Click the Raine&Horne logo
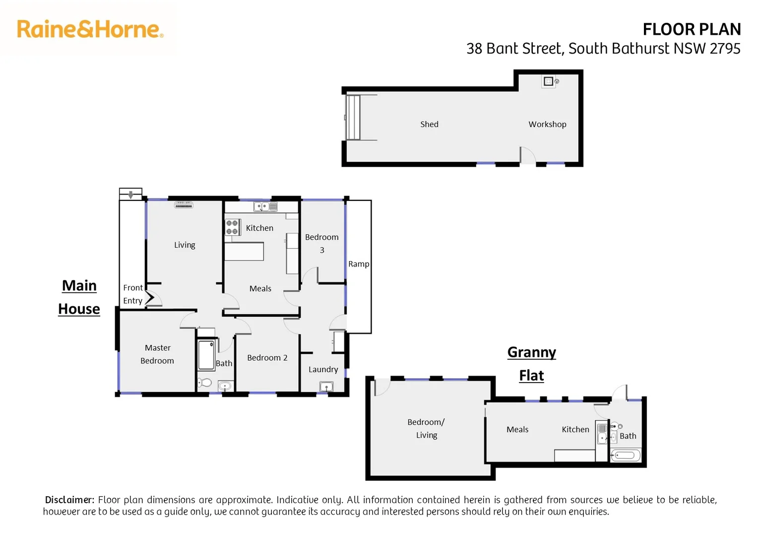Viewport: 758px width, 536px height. [x=90, y=29]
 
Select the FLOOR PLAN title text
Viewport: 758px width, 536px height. [x=691, y=29]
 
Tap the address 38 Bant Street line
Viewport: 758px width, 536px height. [x=603, y=49]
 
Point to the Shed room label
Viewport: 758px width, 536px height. [x=429, y=124]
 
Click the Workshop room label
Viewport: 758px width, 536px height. [x=547, y=124]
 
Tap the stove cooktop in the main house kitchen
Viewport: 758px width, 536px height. [x=232, y=227]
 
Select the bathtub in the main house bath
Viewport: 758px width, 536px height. [x=206, y=354]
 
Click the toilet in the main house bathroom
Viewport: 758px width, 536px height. [x=204, y=383]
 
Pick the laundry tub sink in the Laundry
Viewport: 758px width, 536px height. [x=326, y=387]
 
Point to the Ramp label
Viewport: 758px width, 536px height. [x=358, y=264]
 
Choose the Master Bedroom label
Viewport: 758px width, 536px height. [x=157, y=354]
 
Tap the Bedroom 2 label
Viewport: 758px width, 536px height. [x=267, y=358]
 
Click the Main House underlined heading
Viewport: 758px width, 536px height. [x=79, y=297]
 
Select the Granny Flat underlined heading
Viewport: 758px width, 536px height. [x=531, y=363]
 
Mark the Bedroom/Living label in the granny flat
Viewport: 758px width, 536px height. [x=426, y=428]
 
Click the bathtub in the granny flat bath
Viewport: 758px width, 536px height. [x=625, y=455]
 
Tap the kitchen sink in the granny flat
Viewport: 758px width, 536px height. [x=602, y=433]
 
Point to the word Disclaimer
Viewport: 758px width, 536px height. [x=69, y=500]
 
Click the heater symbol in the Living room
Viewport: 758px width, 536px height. [x=184, y=204]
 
